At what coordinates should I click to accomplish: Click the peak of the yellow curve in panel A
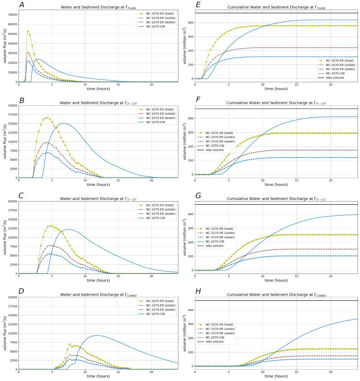tap(28, 31)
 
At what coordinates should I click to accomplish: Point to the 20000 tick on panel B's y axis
tap(11, 105)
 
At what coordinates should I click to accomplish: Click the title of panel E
tap(276, 7)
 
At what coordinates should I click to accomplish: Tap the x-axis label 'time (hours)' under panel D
tap(99, 376)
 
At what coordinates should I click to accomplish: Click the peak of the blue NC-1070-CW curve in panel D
tap(96, 335)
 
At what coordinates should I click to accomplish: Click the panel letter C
tap(21, 196)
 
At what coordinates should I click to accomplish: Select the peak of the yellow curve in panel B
tap(47, 117)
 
